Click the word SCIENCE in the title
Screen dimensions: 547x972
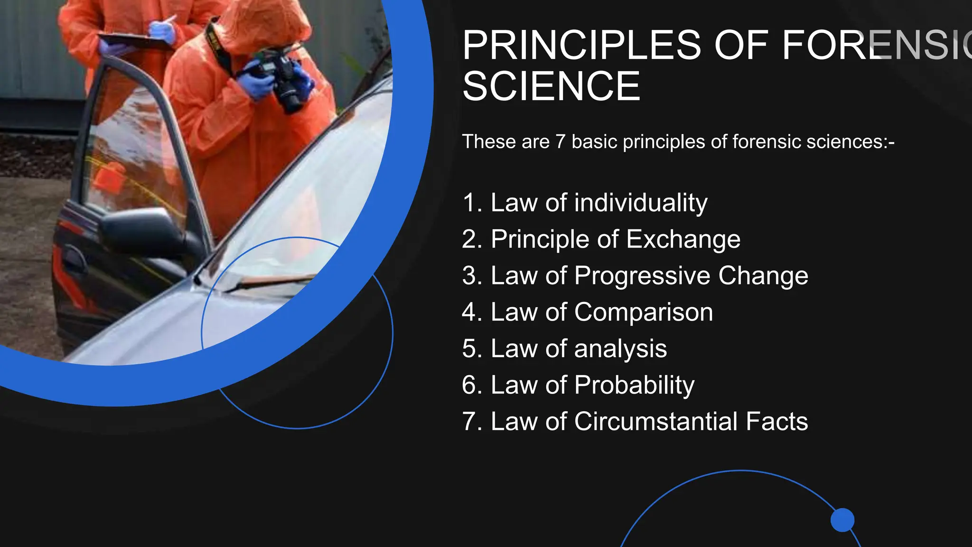pos(551,86)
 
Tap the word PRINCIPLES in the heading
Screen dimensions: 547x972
pos(581,45)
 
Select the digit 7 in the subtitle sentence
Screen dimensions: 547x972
pos(560,141)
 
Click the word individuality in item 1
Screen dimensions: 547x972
pos(641,203)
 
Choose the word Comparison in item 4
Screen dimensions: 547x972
pos(643,312)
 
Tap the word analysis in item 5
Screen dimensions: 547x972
pos(620,349)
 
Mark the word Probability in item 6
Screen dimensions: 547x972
pos(634,385)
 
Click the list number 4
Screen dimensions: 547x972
pos(471,312)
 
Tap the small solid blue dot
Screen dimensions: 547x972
pos(842,520)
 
